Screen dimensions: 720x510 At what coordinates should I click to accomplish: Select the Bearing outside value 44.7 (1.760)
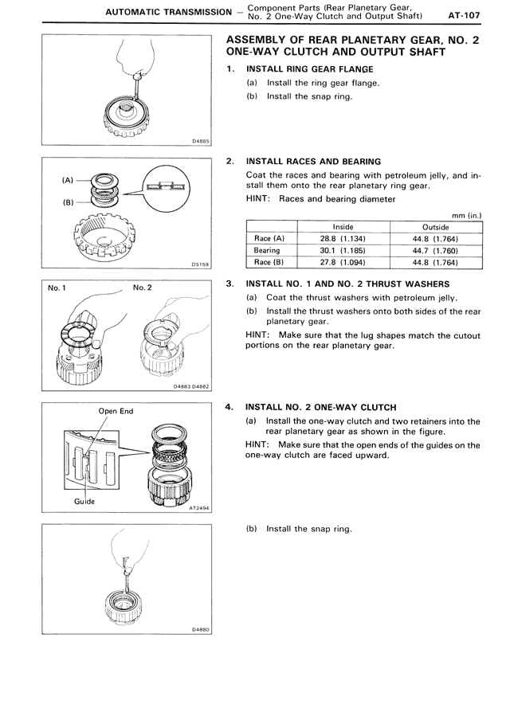coord(436,250)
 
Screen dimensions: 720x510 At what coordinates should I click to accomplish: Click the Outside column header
coord(436,227)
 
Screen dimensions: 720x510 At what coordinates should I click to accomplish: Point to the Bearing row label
coord(266,250)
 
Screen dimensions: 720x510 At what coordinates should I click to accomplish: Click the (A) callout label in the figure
coord(68,179)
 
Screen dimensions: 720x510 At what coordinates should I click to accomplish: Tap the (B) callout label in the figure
coord(68,202)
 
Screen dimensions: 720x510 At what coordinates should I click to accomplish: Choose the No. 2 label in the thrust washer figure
coord(143,287)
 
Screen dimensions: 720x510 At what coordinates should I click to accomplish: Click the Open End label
coord(116,412)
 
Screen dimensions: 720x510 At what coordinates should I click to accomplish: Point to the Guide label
coord(84,501)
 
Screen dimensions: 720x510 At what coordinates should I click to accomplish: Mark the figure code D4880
coord(200,629)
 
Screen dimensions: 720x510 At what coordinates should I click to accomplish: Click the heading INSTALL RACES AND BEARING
coord(313,161)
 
